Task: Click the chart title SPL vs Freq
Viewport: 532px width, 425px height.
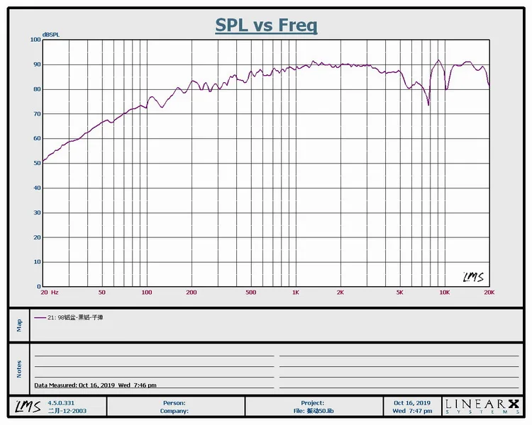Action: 266,25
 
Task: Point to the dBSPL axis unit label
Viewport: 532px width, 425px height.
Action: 51,35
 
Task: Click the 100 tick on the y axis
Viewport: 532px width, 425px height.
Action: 35,40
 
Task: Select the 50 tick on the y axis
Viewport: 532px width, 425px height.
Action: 37,163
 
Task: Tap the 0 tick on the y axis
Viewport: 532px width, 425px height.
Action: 39,287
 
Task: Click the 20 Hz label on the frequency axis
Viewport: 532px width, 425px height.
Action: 49,292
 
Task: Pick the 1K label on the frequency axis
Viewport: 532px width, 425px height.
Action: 296,292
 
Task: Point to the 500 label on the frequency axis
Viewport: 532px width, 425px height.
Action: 250,292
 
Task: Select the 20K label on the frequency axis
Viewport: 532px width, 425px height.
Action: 489,292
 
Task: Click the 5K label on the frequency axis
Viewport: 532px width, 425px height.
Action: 399,292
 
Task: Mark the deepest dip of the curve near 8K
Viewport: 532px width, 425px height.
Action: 428,105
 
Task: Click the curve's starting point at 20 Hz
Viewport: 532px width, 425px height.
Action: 43,162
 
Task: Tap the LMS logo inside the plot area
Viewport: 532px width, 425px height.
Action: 474,277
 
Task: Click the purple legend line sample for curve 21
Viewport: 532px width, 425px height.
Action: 40,317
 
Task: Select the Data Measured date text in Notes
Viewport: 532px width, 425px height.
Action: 96,385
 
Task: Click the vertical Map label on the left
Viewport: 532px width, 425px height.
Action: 20,324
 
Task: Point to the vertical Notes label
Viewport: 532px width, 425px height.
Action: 20,368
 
